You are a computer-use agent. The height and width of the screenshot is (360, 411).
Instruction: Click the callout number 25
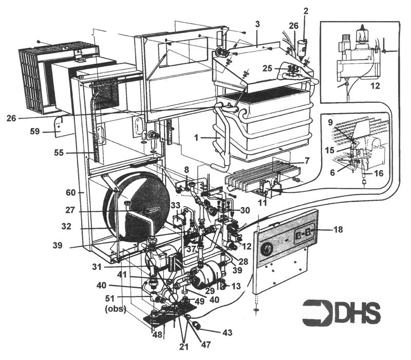(267, 68)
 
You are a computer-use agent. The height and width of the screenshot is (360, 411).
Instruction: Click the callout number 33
(176, 205)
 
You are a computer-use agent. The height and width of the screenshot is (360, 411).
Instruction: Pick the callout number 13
(237, 286)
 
